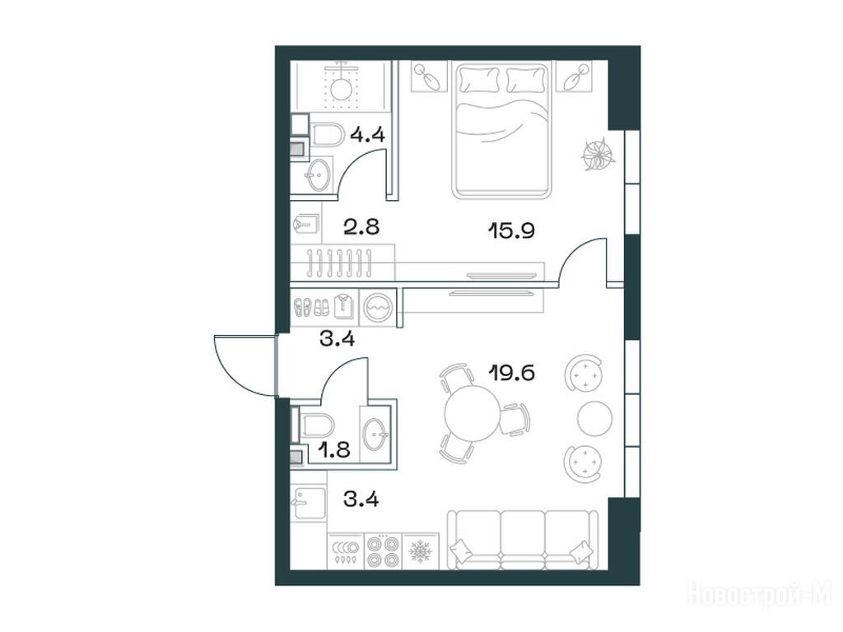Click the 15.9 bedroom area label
pos(510,231)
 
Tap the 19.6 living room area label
pos(512,372)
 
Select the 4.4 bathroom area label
pos(367,134)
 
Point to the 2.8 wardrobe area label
pos(361,227)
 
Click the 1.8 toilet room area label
pos(333,449)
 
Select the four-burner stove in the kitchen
pos(384,551)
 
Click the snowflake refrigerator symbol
pos(421,551)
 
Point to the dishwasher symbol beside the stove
pos(346,551)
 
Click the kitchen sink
pos(309,503)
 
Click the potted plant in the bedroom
pos(597,154)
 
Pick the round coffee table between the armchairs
pos(594,417)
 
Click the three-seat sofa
pos(523,540)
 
